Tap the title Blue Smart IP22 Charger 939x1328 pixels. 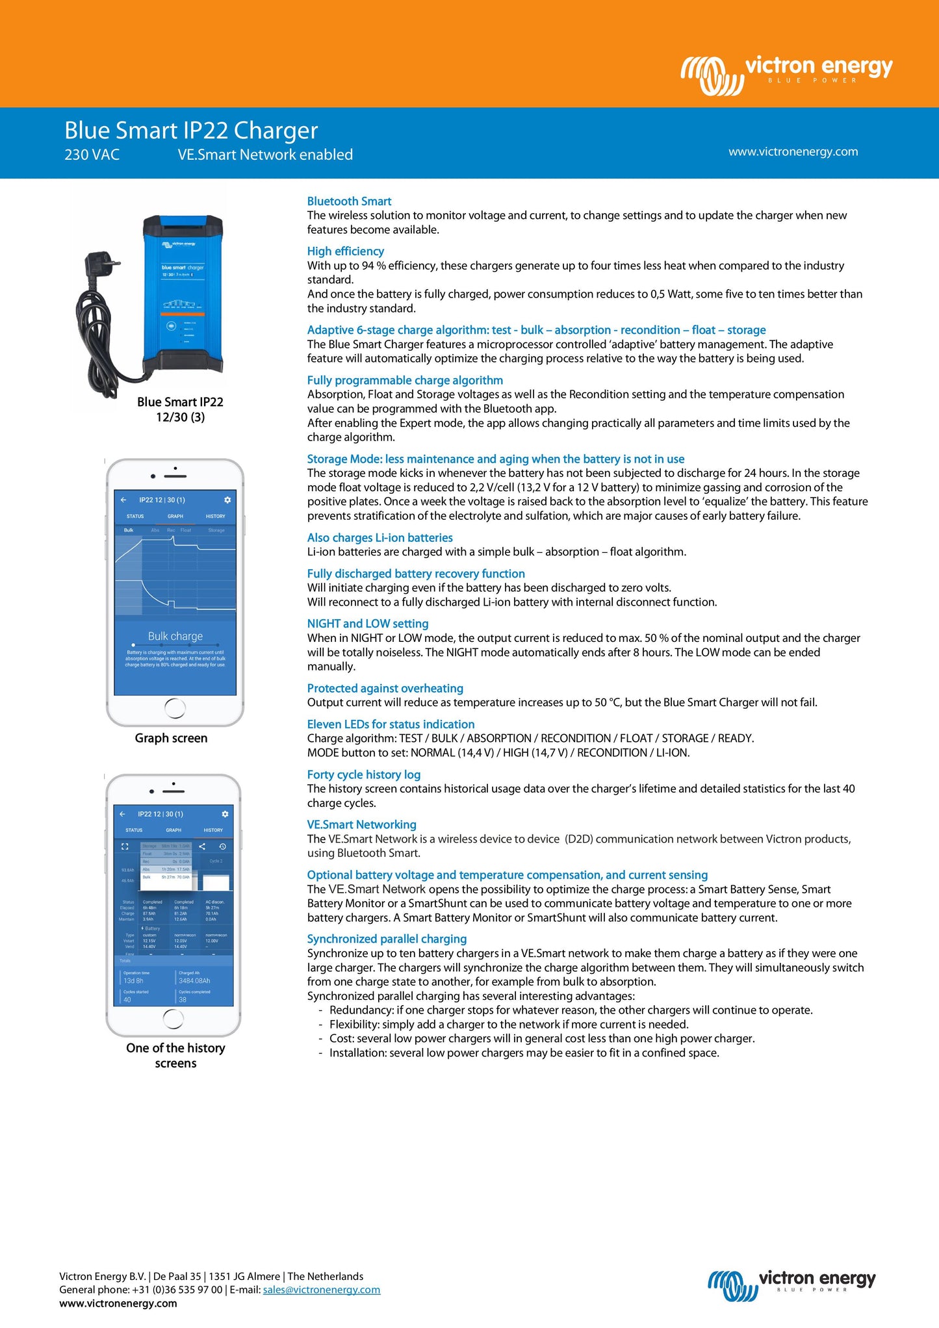[x=191, y=131]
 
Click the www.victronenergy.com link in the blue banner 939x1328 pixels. [x=793, y=151]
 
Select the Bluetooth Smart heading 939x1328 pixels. [x=349, y=201]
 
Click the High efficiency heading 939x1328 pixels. [x=345, y=251]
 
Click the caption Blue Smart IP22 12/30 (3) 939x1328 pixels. [x=180, y=409]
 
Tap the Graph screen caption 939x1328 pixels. [x=171, y=738]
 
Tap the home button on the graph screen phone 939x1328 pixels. [x=175, y=708]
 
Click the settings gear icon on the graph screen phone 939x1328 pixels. [x=227, y=500]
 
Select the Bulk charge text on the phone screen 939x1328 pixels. [x=175, y=636]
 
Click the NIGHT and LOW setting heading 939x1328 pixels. [x=368, y=624]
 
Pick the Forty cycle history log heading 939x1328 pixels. [x=364, y=774]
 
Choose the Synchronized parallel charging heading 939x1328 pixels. [x=387, y=939]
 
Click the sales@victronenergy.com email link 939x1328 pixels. [x=322, y=1290]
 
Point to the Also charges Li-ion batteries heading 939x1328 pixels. [x=379, y=538]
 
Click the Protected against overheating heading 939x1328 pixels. [x=385, y=688]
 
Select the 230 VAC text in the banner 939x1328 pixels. [x=92, y=155]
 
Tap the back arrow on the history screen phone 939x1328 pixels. [x=122, y=814]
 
